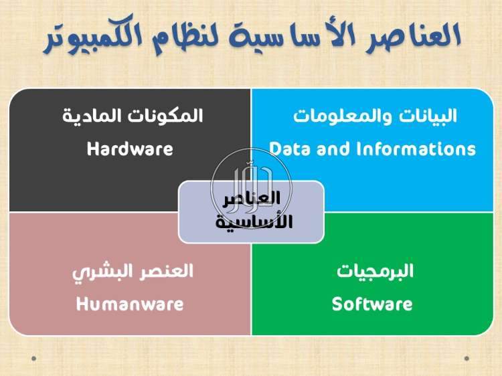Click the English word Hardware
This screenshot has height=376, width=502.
(x=130, y=149)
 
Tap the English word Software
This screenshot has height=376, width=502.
(x=372, y=304)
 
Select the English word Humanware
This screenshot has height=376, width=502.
(x=130, y=304)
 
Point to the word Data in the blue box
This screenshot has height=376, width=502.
(x=290, y=149)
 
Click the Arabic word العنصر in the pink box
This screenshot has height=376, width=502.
(x=163, y=270)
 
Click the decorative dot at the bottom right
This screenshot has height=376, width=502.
(x=467, y=359)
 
